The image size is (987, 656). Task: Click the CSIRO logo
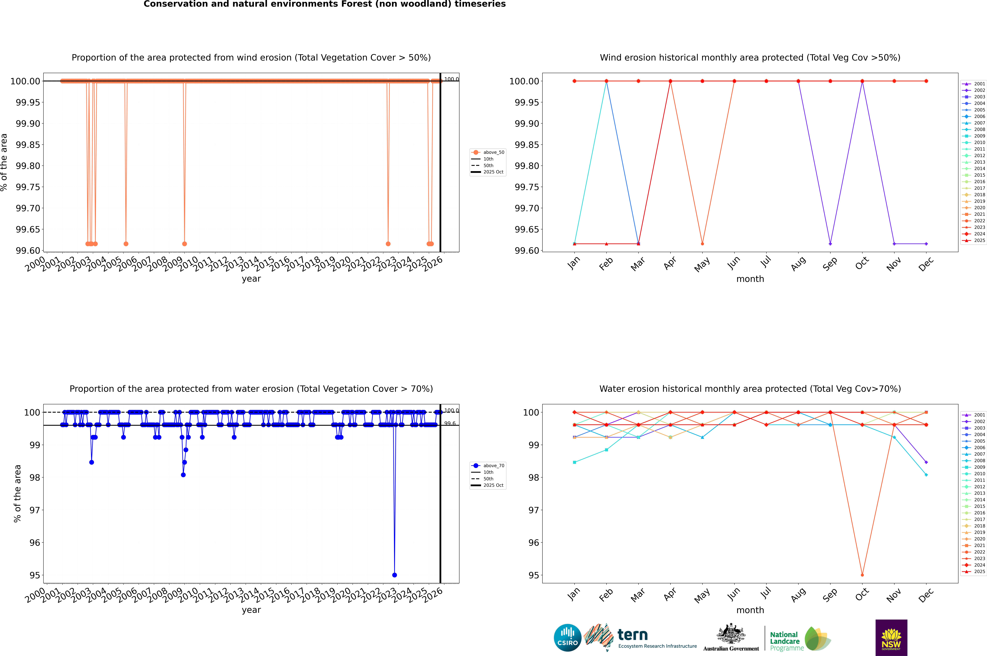click(567, 638)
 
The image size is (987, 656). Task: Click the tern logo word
click(633, 635)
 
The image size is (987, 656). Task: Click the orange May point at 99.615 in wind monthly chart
click(702, 243)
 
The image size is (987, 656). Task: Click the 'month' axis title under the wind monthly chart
click(750, 279)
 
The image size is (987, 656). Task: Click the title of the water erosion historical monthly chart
click(750, 389)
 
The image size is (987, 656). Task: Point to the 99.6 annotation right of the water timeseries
click(450, 423)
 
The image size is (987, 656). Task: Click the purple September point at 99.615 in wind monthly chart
click(830, 243)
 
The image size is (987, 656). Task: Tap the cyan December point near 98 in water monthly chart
click(926, 475)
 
